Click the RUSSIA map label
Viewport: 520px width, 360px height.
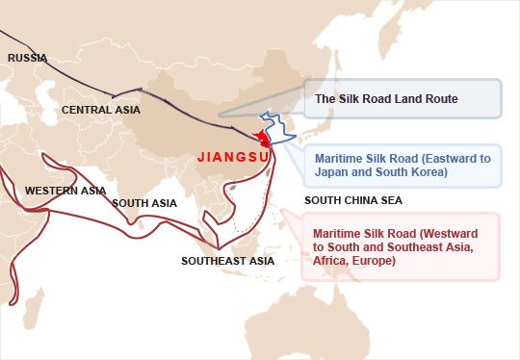point(27,59)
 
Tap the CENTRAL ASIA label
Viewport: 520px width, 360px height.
point(101,110)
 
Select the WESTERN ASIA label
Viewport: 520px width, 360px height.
point(65,191)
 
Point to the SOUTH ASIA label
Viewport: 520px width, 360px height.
point(144,203)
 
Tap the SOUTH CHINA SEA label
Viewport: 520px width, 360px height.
point(352,201)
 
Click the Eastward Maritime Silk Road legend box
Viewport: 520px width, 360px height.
point(403,166)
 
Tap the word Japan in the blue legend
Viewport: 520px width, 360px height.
point(332,173)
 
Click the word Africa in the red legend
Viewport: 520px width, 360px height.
point(333,260)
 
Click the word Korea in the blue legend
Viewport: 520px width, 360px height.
point(428,173)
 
